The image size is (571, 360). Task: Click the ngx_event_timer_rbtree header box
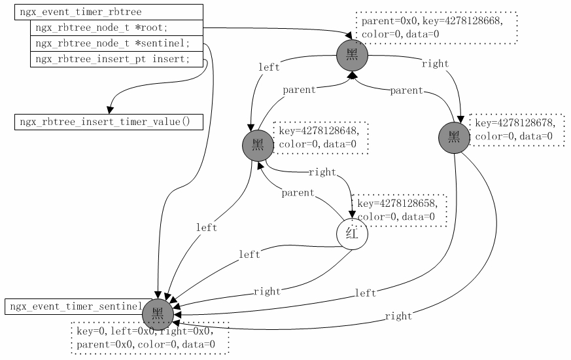pos(109,12)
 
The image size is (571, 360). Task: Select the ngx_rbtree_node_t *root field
pos(116,27)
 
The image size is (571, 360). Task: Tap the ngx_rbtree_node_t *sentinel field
pos(116,43)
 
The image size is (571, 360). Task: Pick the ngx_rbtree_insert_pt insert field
pos(116,59)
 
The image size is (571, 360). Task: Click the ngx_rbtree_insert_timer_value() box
pos(109,122)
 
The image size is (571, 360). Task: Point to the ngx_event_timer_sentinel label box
pos(75,306)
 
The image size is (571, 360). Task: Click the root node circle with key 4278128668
pos(353,56)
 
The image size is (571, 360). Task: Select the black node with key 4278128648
pos(258,145)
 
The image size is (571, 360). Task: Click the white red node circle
pos(352,234)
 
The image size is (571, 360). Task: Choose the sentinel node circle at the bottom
pos(158,314)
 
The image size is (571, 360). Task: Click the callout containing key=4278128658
pos(400,210)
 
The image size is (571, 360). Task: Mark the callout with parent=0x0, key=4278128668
pos(437,27)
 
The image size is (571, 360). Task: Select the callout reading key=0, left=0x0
pos(150,338)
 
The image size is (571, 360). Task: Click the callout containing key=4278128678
pos(517,130)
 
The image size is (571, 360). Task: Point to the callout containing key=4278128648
pos(320,137)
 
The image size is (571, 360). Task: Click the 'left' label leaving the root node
pos(269,67)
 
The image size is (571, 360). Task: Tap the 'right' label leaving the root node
pos(435,63)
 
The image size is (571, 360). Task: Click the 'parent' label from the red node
pos(298,193)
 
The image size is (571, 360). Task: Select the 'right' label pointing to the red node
pos(321,172)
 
